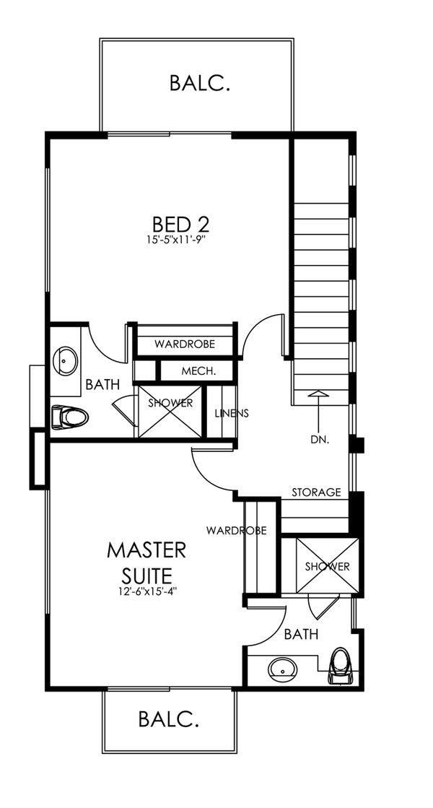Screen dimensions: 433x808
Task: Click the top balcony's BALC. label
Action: click(x=200, y=83)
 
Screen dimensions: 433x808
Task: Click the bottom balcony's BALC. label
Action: click(x=168, y=718)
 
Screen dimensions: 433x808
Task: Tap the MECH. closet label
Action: click(x=198, y=370)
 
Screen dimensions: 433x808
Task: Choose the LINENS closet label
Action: click(x=232, y=413)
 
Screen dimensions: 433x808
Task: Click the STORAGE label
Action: click(x=316, y=492)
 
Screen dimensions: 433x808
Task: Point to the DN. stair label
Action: click(x=320, y=440)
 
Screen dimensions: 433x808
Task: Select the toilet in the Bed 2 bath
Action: click(x=70, y=417)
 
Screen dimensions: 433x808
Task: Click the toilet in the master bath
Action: click(x=341, y=665)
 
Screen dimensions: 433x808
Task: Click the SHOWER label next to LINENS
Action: click(x=170, y=403)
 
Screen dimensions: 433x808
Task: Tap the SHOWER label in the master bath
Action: click(x=328, y=567)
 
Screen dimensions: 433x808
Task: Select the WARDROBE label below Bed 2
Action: click(x=184, y=343)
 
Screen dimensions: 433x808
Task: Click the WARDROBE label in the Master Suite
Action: click(x=237, y=530)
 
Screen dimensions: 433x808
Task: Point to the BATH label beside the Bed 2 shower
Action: click(x=102, y=384)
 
